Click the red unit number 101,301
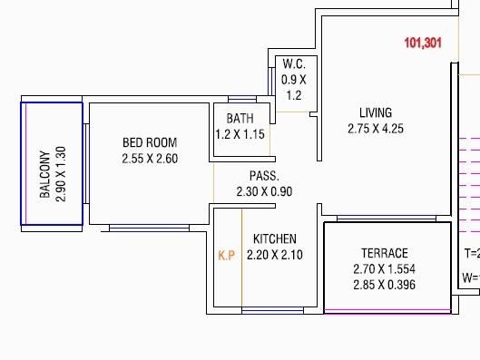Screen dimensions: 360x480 pos(423,43)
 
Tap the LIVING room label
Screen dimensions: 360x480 pos(375,113)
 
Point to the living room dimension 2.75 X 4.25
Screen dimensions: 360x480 pos(375,129)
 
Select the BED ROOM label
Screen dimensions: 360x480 pos(150,142)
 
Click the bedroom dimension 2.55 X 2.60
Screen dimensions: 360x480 pos(150,159)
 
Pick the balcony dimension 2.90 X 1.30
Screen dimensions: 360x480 pos(61,174)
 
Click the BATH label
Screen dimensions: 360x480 pos(240,119)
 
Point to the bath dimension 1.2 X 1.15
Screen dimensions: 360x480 pos(240,134)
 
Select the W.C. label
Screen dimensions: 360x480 pos(294,64)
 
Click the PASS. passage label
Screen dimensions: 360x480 pos(264,176)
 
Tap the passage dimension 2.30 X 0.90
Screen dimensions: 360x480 pos(264,191)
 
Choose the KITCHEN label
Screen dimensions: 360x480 pos(274,238)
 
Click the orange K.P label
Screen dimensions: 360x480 pos(227,256)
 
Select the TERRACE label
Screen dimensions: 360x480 pos(384,253)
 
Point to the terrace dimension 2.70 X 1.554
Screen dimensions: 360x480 pos(384,269)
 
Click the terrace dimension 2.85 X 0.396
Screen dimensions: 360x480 pos(384,286)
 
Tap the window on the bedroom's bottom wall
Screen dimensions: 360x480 pos(149,227)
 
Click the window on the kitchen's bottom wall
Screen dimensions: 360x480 pos(272,311)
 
